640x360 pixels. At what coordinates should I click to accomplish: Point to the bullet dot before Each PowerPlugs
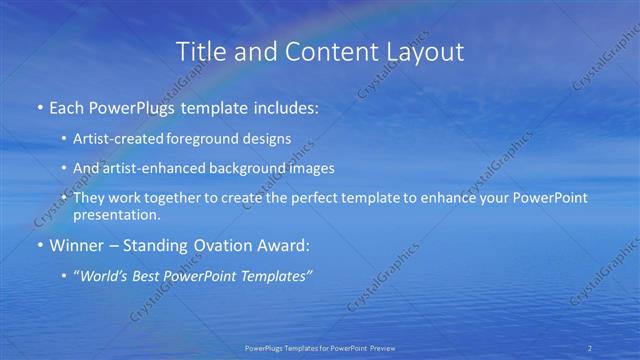[39, 108]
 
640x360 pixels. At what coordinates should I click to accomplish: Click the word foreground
[214, 138]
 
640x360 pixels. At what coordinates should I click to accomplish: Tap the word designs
[270, 138]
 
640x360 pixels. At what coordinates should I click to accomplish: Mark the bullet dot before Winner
[39, 245]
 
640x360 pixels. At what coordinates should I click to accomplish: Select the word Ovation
[226, 245]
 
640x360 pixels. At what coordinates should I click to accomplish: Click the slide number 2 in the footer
[590, 347]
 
